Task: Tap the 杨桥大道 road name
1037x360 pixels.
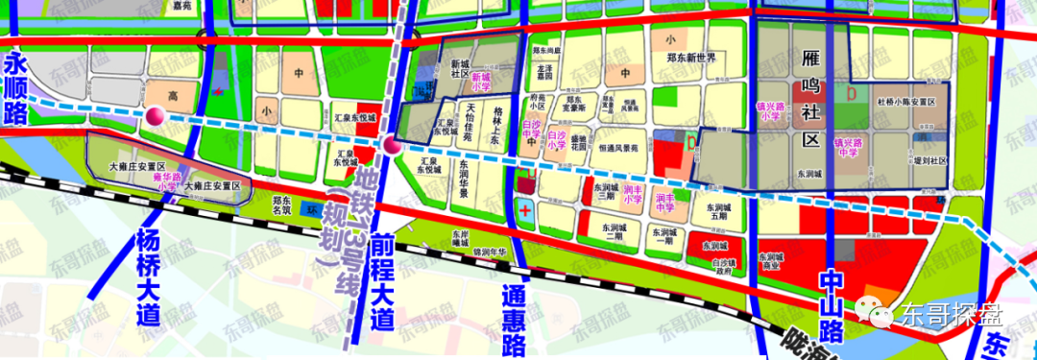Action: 147,277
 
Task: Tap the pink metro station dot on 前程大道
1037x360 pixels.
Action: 391,146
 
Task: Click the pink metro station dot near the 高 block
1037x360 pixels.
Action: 156,117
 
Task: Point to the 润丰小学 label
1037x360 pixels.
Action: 632,193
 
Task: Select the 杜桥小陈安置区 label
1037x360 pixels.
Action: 905,101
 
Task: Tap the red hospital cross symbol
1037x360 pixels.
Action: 524,208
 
